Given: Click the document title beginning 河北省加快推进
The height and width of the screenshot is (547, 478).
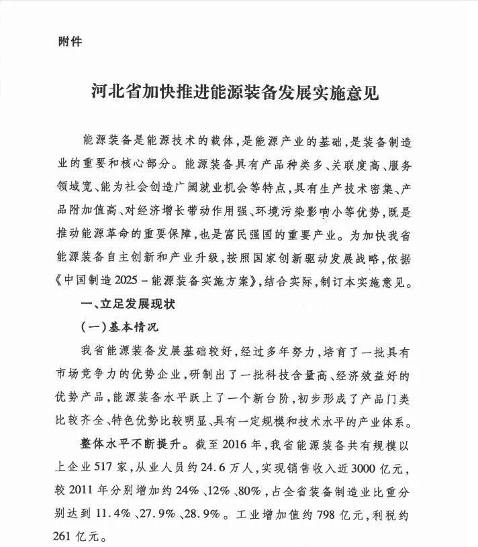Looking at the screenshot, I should pos(234,91).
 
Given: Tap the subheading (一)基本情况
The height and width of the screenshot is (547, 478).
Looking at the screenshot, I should pos(119,326).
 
